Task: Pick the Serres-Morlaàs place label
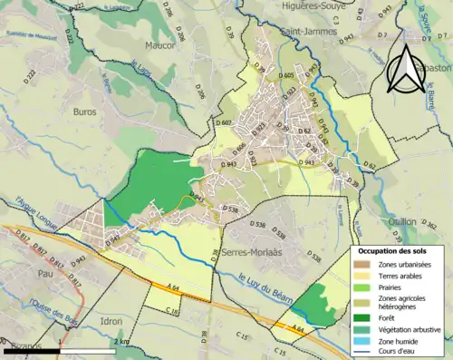(250, 255)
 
